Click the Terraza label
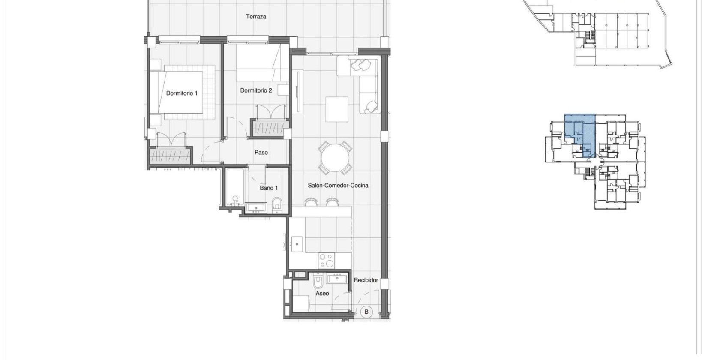click(x=256, y=17)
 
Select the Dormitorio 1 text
click(x=182, y=93)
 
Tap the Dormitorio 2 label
click(x=256, y=90)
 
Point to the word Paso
click(x=261, y=152)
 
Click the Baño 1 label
click(x=269, y=188)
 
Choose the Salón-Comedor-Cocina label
click(x=338, y=186)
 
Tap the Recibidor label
click(x=366, y=280)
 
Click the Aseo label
click(x=322, y=294)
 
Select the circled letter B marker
click(x=366, y=312)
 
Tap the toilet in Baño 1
click(x=277, y=205)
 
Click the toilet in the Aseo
click(x=318, y=282)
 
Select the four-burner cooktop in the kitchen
click(x=327, y=259)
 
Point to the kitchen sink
click(x=297, y=245)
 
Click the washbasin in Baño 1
click(x=256, y=208)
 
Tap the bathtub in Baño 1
click(x=234, y=187)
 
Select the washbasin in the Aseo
click(x=339, y=279)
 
